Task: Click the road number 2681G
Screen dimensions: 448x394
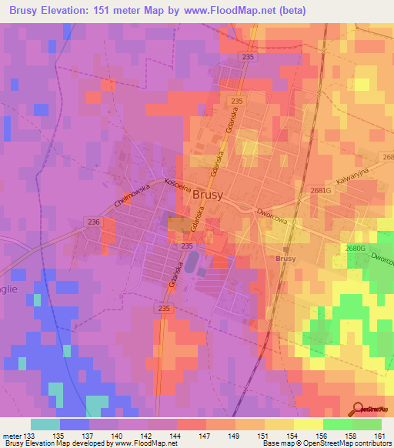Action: tap(320, 190)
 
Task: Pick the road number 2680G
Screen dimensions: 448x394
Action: tap(355, 248)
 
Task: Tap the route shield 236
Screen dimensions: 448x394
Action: tap(94, 222)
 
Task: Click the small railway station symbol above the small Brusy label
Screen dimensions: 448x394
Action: tap(285, 250)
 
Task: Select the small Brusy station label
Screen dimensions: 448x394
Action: tap(285, 259)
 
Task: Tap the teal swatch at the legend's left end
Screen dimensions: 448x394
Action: tap(45, 424)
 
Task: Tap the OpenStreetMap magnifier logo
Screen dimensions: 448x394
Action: tap(359, 409)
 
